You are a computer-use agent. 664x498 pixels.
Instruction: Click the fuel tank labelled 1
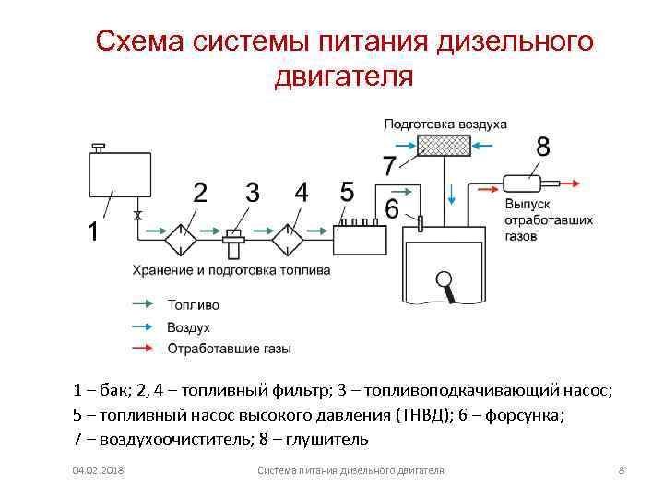[x=117, y=174]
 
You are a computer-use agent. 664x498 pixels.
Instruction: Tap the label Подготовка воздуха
[x=445, y=123]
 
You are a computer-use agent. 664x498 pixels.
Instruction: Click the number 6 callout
[x=392, y=211]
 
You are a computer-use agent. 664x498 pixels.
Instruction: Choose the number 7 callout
[x=389, y=166]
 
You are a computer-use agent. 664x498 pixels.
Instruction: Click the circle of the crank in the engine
[x=445, y=279]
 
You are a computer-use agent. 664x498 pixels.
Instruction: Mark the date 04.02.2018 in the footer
[x=99, y=471]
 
